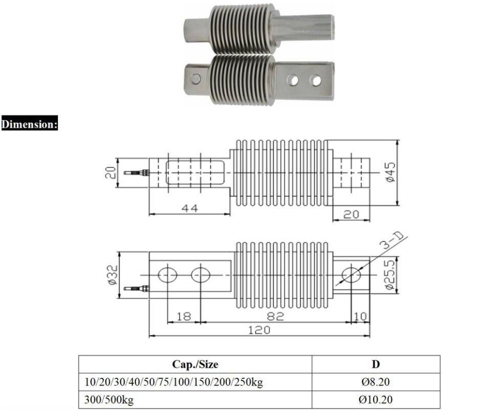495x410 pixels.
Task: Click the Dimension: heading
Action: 29,124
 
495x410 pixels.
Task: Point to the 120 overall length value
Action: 259,330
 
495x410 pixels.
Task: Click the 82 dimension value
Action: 276,316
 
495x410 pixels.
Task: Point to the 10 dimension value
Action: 360,316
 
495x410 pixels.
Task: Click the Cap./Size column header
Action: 195,364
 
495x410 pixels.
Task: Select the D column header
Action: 375,364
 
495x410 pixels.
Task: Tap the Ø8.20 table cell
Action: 375,382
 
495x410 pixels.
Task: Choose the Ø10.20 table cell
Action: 375,400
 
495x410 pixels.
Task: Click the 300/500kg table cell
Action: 109,400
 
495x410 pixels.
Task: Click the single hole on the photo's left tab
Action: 195,78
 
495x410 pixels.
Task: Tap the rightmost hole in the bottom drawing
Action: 352,275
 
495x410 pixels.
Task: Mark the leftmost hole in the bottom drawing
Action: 168,275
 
